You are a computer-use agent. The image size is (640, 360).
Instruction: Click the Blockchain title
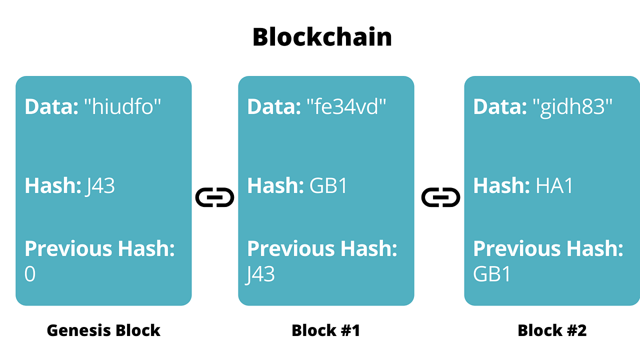tap(322, 37)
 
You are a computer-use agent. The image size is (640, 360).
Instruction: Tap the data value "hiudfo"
tap(122, 106)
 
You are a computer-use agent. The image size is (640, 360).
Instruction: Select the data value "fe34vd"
tap(346, 106)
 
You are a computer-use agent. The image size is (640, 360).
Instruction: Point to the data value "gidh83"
tap(572, 106)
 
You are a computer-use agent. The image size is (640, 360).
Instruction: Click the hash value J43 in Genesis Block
tap(100, 186)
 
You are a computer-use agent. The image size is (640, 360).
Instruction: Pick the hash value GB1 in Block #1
tap(328, 186)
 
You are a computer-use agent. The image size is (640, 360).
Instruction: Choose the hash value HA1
tap(554, 186)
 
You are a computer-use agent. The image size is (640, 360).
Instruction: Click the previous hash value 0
tap(30, 274)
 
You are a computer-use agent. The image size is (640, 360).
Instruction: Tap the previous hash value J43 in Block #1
tap(260, 274)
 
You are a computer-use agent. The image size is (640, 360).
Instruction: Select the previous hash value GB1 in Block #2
tap(492, 274)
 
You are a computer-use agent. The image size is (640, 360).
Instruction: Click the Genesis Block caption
tap(103, 330)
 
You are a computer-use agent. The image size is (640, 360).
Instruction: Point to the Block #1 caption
tap(326, 330)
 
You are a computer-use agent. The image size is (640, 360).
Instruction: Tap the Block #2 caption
tap(552, 330)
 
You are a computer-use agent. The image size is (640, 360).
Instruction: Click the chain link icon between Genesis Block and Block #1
tap(214, 197)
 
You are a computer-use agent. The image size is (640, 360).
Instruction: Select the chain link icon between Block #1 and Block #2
tap(440, 197)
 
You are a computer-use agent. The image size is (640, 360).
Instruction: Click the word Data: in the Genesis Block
tap(51, 106)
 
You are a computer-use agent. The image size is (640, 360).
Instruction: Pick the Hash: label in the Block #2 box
tap(501, 186)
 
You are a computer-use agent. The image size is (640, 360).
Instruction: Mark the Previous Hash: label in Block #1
tap(322, 248)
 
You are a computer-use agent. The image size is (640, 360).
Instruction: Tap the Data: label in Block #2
tap(500, 106)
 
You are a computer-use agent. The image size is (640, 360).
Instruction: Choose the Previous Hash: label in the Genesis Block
tap(100, 248)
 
